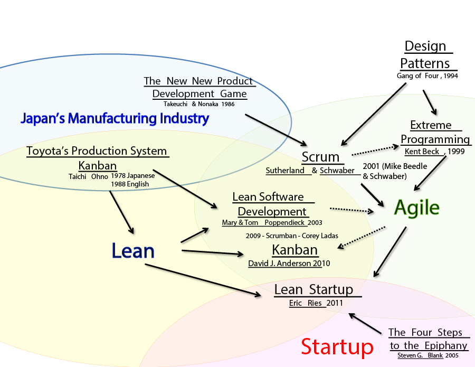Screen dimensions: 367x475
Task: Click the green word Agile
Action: (x=416, y=208)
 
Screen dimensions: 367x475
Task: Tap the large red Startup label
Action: (x=337, y=347)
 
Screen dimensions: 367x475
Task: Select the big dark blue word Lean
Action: (x=133, y=251)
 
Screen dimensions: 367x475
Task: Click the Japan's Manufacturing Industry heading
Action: (x=115, y=118)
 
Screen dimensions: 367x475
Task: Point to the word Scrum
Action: (x=320, y=157)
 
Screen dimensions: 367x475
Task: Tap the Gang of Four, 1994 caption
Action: (x=427, y=76)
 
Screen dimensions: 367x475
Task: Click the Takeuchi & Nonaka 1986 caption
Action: (x=198, y=104)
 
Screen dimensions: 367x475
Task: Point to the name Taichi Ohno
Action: (x=88, y=176)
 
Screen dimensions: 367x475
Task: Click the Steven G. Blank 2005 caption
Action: (x=427, y=356)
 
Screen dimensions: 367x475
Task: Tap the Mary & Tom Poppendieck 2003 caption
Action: (x=272, y=223)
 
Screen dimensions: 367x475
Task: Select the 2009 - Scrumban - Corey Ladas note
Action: (x=292, y=236)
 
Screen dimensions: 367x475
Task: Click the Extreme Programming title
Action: (x=434, y=132)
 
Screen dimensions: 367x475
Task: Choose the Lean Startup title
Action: (x=313, y=289)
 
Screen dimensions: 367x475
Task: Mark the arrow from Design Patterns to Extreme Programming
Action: (x=429, y=102)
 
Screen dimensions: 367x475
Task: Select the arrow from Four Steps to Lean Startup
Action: (x=365, y=324)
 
